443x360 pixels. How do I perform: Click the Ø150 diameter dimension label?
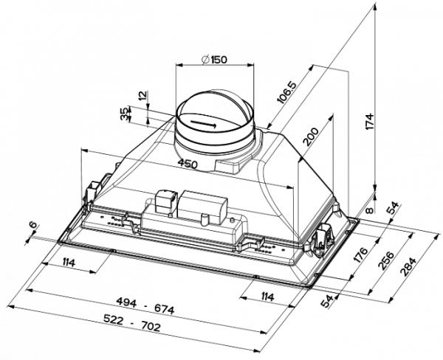click(x=214, y=60)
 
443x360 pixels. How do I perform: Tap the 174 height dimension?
click(x=370, y=122)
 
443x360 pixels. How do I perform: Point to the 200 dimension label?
click(x=309, y=136)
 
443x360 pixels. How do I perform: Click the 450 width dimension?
click(x=188, y=164)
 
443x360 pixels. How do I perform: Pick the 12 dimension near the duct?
click(x=143, y=95)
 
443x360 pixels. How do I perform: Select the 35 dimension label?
click(x=124, y=114)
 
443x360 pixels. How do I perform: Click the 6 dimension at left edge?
click(x=33, y=225)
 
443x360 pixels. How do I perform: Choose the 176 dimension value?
click(x=361, y=255)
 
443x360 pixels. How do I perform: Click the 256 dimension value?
click(x=387, y=260)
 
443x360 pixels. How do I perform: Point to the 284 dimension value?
click(x=408, y=266)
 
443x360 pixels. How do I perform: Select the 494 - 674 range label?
click(x=145, y=306)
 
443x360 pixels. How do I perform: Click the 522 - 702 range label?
click(x=132, y=323)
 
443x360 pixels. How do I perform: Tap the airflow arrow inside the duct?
click(x=204, y=124)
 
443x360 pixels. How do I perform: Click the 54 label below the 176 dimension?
click(x=327, y=301)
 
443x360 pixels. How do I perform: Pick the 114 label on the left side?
click(x=69, y=263)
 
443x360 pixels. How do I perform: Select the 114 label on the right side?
click(x=267, y=297)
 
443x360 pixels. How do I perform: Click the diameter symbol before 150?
click(x=206, y=60)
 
